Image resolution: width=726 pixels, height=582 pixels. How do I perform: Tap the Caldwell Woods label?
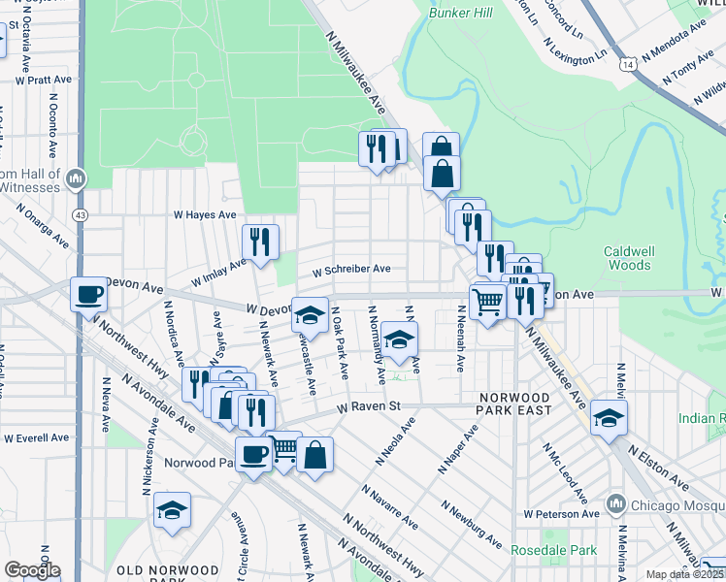(628, 257)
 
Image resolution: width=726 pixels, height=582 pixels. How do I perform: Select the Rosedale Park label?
(542, 550)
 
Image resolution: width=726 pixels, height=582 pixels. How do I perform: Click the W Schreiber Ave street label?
(351, 269)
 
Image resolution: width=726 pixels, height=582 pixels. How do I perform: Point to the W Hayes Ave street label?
(205, 214)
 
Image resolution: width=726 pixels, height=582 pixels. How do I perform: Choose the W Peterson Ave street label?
(556, 513)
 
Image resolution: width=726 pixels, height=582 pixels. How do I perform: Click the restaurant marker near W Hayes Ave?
(259, 242)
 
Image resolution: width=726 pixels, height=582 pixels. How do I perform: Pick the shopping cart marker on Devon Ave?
(487, 302)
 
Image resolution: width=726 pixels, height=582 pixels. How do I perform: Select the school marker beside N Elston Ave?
(609, 417)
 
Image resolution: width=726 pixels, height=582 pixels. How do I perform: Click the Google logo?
(31, 570)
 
